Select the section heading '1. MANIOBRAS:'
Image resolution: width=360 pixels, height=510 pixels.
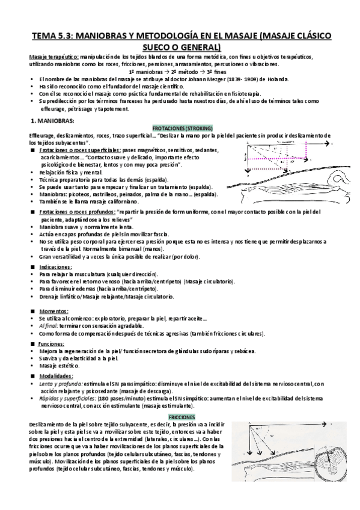point(52,121)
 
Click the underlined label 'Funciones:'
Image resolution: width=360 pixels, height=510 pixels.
point(52,343)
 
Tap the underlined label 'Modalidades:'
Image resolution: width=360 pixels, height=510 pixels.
point(55,375)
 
